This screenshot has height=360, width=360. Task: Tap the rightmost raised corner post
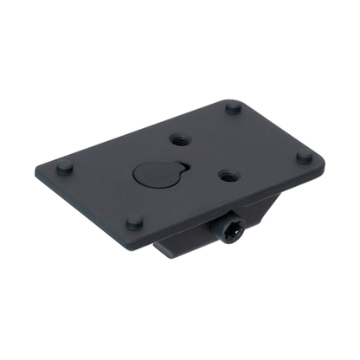[304, 157]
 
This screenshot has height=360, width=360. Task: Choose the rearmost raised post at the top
[233, 107]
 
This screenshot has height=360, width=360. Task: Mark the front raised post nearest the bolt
[134, 221]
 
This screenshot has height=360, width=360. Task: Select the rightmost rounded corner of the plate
[322, 159]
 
